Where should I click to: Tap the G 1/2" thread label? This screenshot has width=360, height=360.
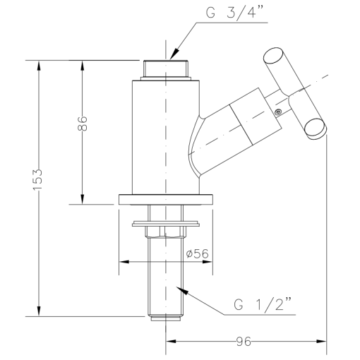pyautogui.click(x=263, y=305)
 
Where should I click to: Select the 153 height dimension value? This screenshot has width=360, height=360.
pyautogui.click(x=37, y=179)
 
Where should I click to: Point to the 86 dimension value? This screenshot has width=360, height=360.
pyautogui.click(x=82, y=124)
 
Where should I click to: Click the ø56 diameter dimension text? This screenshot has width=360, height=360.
pyautogui.click(x=197, y=253)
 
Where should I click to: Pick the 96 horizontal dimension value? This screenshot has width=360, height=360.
pyautogui.click(x=244, y=342)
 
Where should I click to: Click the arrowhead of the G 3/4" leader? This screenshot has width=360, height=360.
pyautogui.click(x=174, y=54)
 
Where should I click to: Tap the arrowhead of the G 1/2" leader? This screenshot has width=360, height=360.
pyautogui.click(x=182, y=290)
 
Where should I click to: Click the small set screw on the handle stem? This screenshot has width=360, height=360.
pyautogui.click(x=278, y=112)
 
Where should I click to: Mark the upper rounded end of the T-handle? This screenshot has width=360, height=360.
pyautogui.click(x=272, y=55)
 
